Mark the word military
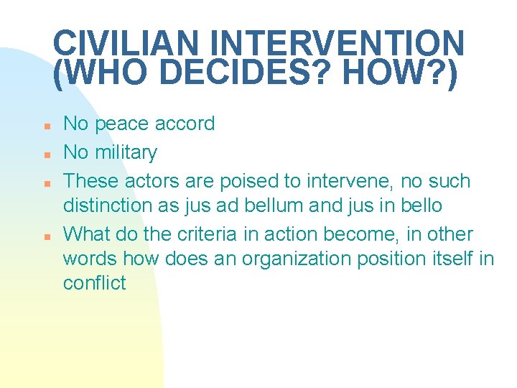[125, 152]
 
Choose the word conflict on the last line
[95, 283]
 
